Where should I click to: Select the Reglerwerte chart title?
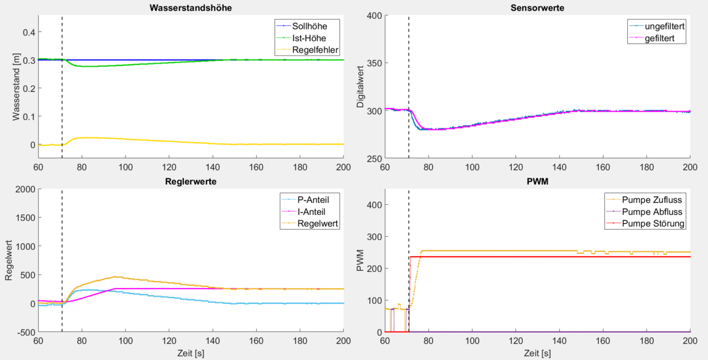(191, 182)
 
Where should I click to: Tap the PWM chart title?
(537, 182)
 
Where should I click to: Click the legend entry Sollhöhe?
(310, 26)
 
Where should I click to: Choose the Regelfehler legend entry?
(315, 50)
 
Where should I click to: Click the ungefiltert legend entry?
(664, 26)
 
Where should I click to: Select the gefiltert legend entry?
(660, 38)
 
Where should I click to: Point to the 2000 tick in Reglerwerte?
(24, 189)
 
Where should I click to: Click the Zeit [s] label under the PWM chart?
(537, 353)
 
